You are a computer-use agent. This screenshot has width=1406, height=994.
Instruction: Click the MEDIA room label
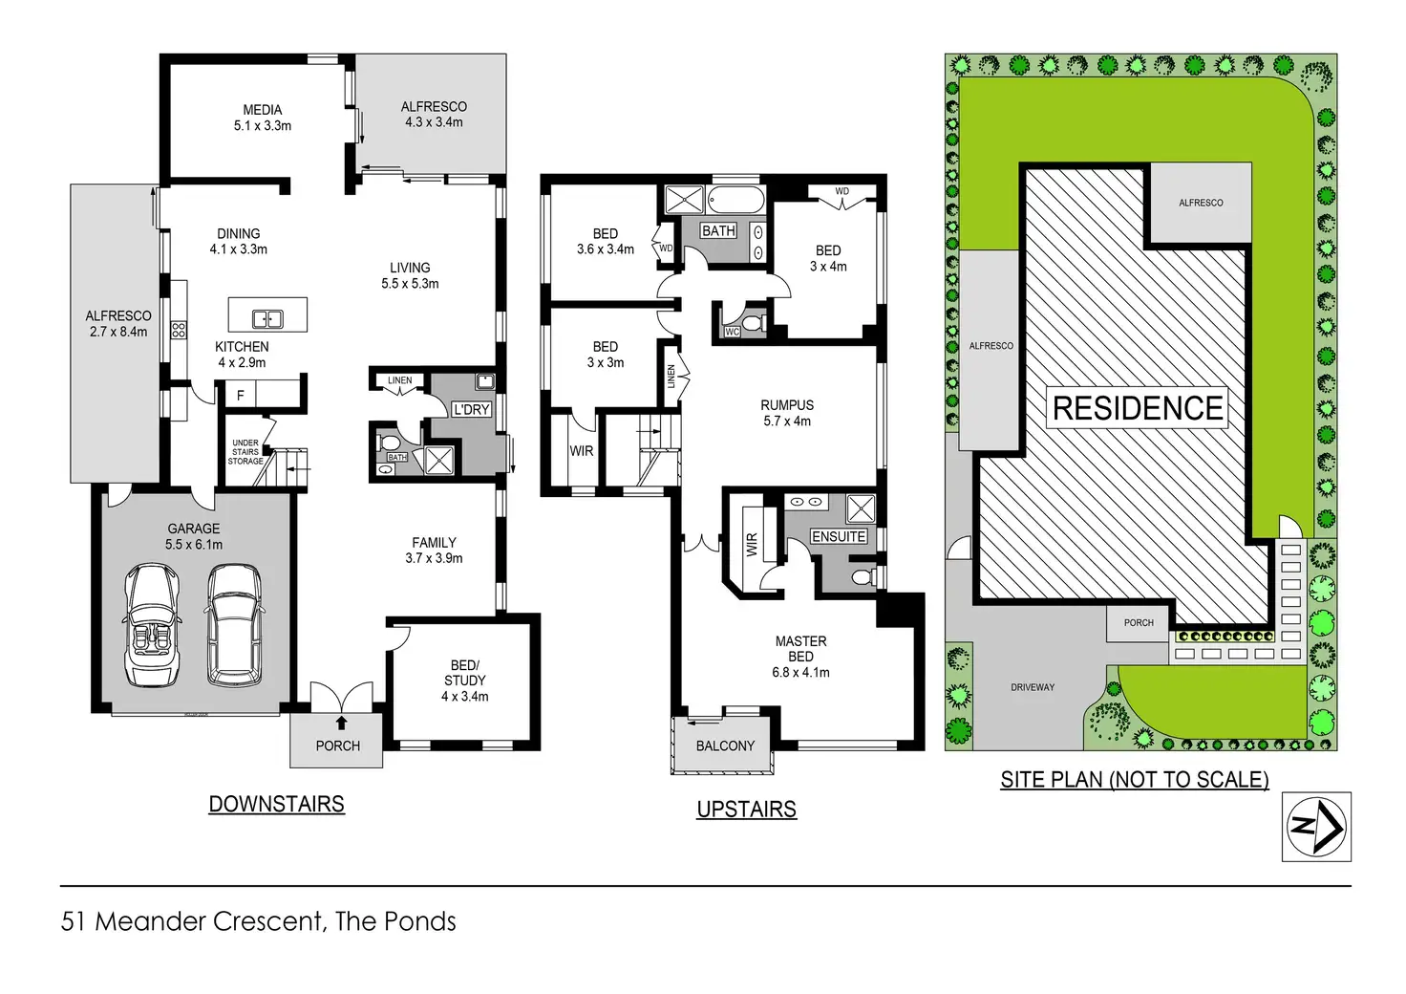pos(263,110)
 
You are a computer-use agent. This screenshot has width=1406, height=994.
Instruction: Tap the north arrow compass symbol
pos(1315,827)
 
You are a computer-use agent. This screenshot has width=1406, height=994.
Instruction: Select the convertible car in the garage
pos(153,625)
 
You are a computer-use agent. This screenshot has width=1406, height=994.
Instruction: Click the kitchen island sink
pos(267,319)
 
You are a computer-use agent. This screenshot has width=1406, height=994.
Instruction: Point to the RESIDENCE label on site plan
pos(1138,407)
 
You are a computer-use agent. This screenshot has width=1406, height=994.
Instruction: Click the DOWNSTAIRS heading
pos(276,804)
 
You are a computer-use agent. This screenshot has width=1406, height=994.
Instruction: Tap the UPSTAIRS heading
pos(746,809)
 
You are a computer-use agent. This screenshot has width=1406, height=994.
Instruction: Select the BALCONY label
pos(725,745)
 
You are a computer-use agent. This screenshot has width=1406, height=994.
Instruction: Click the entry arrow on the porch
pos(341,723)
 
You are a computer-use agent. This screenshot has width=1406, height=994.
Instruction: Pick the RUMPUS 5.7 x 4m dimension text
pos(787,421)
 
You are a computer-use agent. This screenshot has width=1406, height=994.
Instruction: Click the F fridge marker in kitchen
pos(240,396)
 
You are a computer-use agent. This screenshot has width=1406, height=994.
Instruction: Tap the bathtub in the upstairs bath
pos(735,201)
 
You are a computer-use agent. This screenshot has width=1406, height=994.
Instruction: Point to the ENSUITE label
pos(839,536)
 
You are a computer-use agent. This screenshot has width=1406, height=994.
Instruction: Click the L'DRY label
pos(472,409)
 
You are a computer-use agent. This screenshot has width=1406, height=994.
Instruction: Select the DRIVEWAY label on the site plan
pos(1033,687)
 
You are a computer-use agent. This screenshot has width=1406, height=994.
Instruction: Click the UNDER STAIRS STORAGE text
pos(245,452)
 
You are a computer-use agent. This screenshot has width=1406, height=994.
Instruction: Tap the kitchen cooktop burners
pos(179,330)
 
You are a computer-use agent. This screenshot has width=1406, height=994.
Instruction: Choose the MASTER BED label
pos(801,649)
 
